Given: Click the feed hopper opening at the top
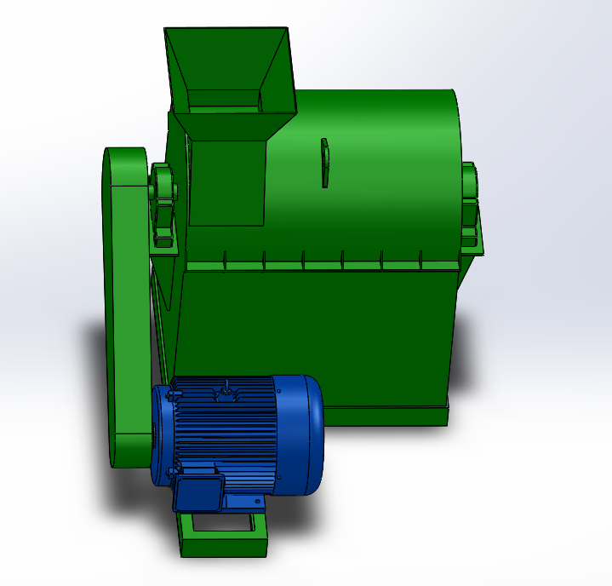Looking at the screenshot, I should pos(226,68).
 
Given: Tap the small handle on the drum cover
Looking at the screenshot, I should pos(323,162).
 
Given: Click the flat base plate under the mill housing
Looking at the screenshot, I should pos(383,417).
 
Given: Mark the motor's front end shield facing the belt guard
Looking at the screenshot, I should pos(163,434).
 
